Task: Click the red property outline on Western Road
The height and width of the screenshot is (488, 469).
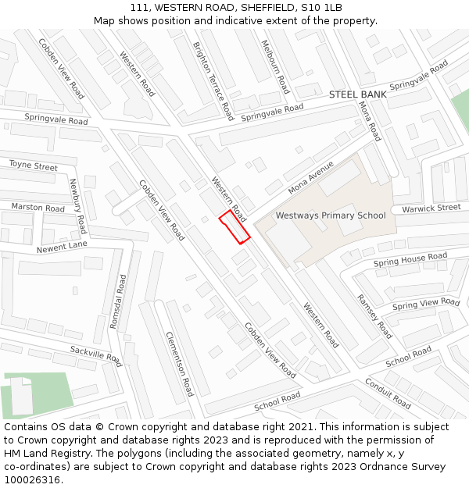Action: (x=234, y=226)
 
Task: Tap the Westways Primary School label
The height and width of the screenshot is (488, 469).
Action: (x=331, y=216)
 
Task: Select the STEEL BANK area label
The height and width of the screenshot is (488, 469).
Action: (x=357, y=94)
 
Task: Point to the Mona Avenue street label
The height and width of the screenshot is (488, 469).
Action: (x=310, y=178)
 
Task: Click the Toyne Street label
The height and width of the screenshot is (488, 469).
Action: (x=34, y=166)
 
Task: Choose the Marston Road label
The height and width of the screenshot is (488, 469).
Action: (x=38, y=208)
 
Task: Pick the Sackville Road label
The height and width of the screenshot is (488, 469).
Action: (x=95, y=356)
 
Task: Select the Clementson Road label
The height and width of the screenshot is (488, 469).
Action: (x=179, y=364)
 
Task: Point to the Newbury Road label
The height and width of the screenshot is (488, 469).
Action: (x=76, y=206)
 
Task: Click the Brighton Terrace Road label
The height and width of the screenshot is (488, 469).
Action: (x=213, y=80)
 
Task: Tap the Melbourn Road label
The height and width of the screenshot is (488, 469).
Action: (x=275, y=67)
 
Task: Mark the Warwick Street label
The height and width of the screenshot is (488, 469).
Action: (x=431, y=208)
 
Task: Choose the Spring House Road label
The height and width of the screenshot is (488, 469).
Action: (x=410, y=259)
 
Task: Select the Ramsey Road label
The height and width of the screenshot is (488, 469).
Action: (x=374, y=316)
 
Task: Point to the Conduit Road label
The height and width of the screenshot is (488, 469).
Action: (x=388, y=393)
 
